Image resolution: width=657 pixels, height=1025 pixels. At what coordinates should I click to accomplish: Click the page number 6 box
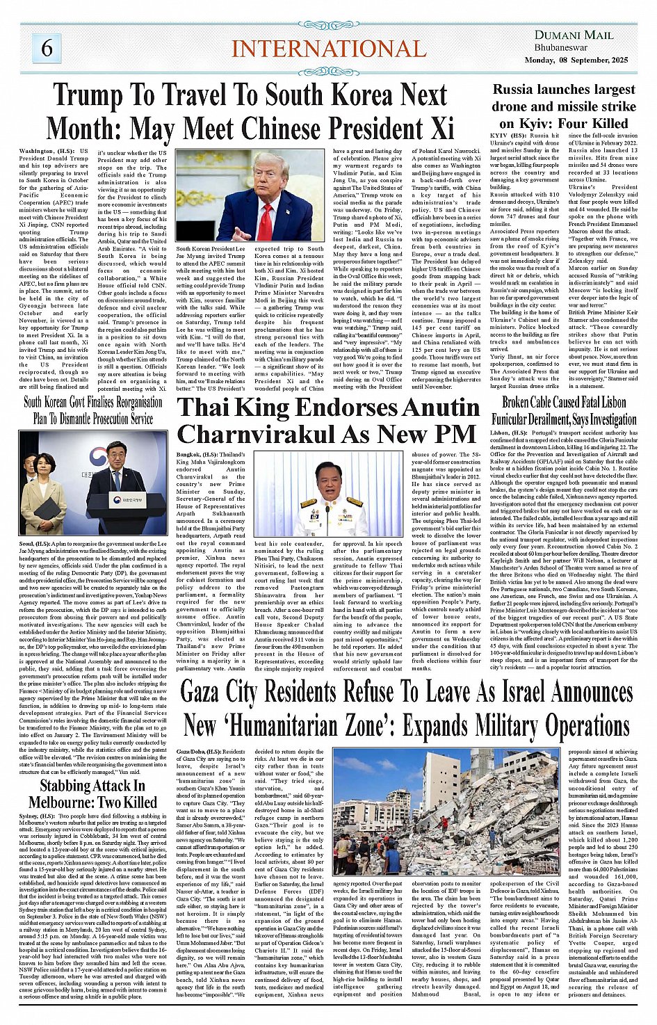coord(47,47)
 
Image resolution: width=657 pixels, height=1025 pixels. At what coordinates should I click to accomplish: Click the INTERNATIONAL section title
coord(328,49)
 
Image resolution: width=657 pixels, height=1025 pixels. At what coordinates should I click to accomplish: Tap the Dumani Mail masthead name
coord(574,35)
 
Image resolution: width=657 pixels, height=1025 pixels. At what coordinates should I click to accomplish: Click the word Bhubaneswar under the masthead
coord(561,48)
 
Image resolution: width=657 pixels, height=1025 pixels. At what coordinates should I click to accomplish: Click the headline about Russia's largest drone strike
coord(564,106)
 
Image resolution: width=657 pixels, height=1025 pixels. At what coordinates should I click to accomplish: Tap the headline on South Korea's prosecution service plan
coord(93,410)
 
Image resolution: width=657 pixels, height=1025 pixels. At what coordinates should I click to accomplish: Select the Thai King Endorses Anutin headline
coord(327,420)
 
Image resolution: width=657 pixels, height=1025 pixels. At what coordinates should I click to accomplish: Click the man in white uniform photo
coord(332,497)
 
